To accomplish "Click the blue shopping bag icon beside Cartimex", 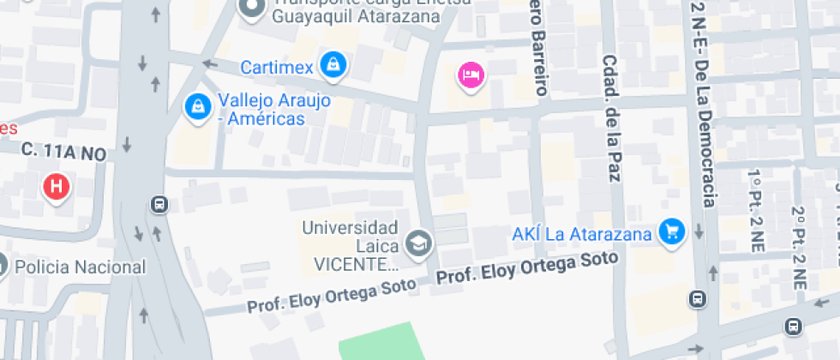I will point(333,63).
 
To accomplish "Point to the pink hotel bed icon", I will point(471,75).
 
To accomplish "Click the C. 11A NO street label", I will point(63,152).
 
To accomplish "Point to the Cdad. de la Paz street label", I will point(611,120).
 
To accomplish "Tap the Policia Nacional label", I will point(79,267).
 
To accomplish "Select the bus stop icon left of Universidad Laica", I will point(159,204).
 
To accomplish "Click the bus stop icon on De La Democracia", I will point(699,299).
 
